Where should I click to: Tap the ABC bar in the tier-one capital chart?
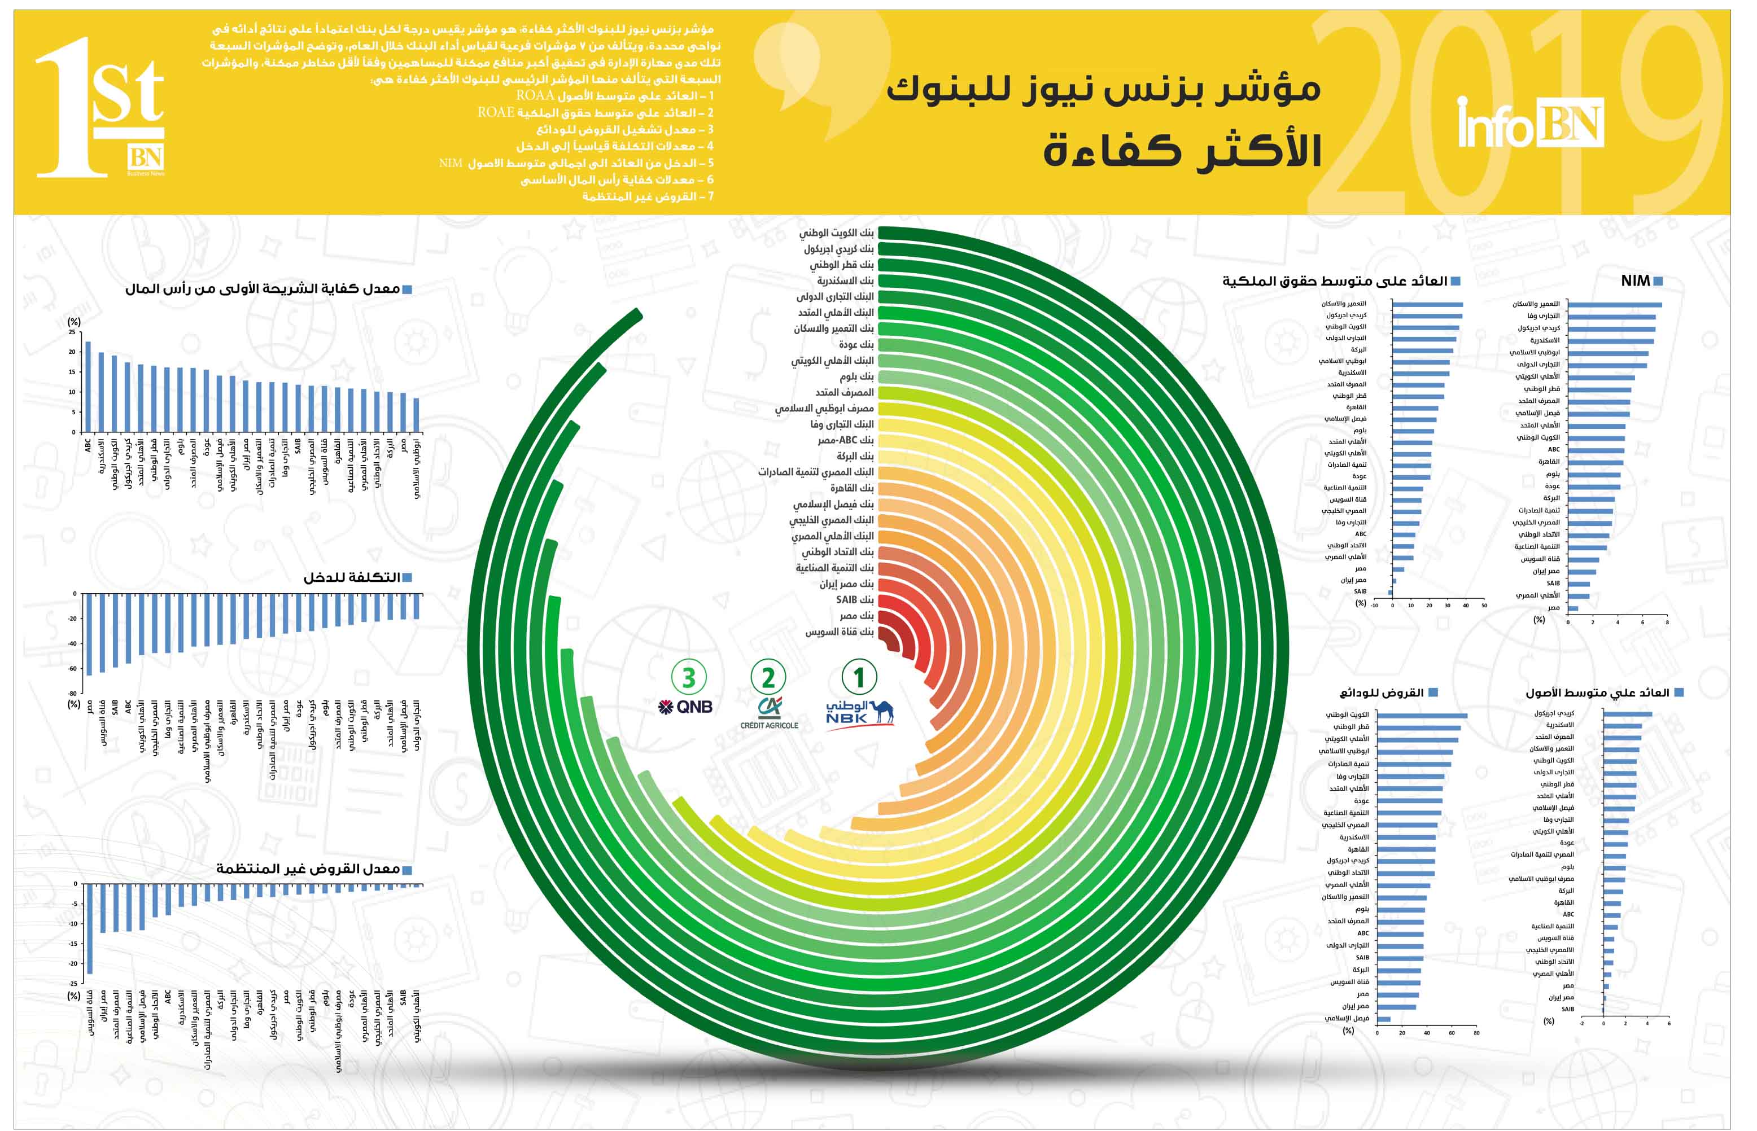[x=88, y=386]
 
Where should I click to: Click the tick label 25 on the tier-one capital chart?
[x=72, y=332]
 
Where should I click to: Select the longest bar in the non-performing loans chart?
[x=90, y=928]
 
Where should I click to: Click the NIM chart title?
[x=1635, y=280]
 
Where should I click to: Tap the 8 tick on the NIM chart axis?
[x=1667, y=622]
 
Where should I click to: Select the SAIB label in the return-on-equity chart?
[x=1360, y=591]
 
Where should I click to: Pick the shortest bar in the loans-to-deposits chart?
[x=1383, y=1019]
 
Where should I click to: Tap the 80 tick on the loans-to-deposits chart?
[x=1476, y=1033]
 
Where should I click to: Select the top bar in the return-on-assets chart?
[x=1627, y=714]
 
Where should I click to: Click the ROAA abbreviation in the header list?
[x=535, y=96]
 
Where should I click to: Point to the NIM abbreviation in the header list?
[x=451, y=163]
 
